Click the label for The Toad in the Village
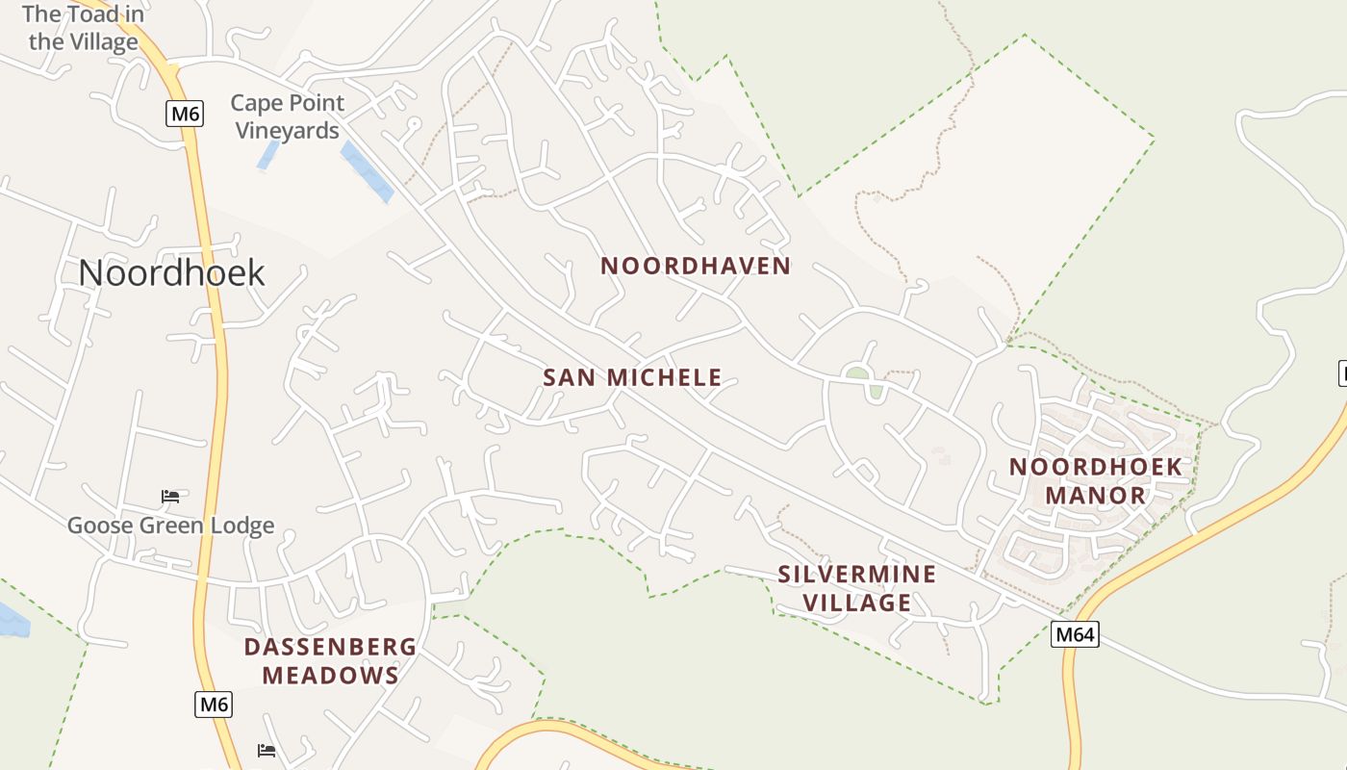point(84,28)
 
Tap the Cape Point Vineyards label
point(287,116)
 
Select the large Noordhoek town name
point(171,272)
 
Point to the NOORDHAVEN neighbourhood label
point(696,266)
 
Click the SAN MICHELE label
point(632,377)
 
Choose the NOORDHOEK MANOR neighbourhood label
point(1095,481)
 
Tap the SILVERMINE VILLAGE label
point(856,588)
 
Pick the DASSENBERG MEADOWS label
point(330,660)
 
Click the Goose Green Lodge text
point(170,526)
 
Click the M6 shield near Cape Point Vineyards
point(184,115)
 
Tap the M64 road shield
point(1074,634)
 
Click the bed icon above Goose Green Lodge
point(170,497)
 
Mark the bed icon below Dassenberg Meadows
point(267,750)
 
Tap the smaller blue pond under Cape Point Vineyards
point(267,155)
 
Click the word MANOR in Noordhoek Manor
point(1095,496)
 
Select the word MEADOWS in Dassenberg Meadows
point(330,676)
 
